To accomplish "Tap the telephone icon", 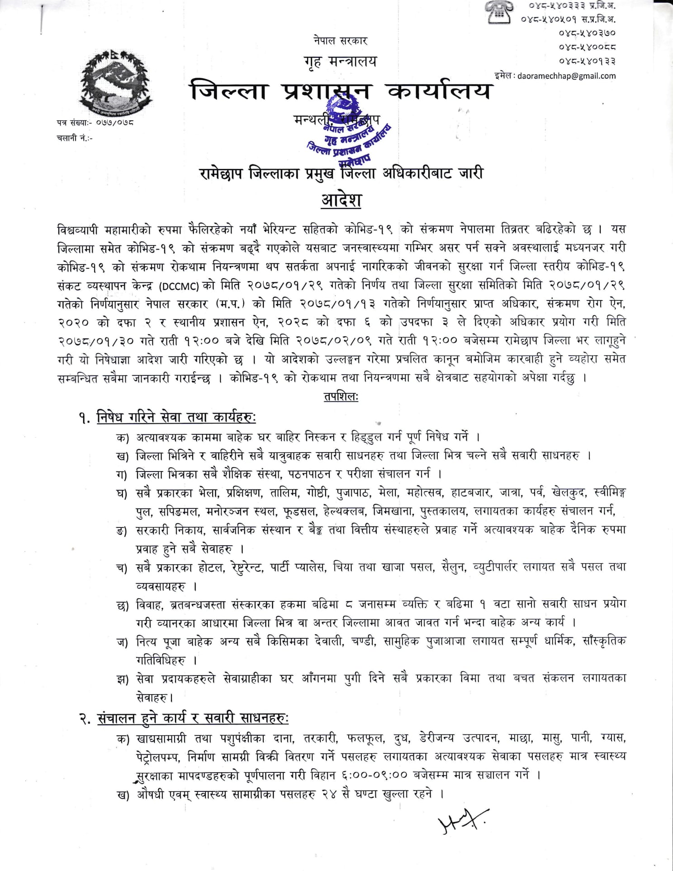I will (x=499, y=12).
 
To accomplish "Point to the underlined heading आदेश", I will (x=341, y=200).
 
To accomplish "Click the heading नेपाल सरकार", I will (x=341, y=41).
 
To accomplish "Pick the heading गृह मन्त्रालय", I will (x=341, y=61).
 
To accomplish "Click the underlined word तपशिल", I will (x=341, y=397).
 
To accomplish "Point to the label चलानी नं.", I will (x=75, y=138).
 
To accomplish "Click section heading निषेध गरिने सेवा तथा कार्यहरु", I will (x=176, y=417).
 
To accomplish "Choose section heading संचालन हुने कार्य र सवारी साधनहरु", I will (x=193, y=719).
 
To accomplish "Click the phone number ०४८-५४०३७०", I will (x=587, y=33).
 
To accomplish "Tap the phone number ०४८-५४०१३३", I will (x=587, y=61).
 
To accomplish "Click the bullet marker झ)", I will (x=123, y=679).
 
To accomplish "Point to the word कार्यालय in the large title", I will (x=439, y=91).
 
